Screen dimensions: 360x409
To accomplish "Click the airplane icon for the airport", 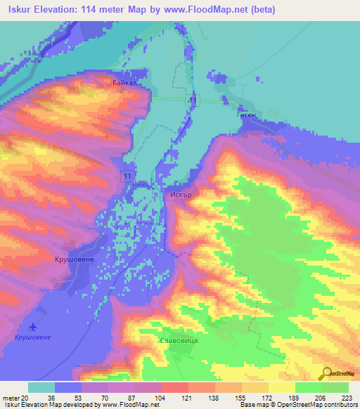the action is click(33, 327).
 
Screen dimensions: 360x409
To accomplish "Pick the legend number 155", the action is click(241, 398).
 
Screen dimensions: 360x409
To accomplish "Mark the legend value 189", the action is click(295, 398).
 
